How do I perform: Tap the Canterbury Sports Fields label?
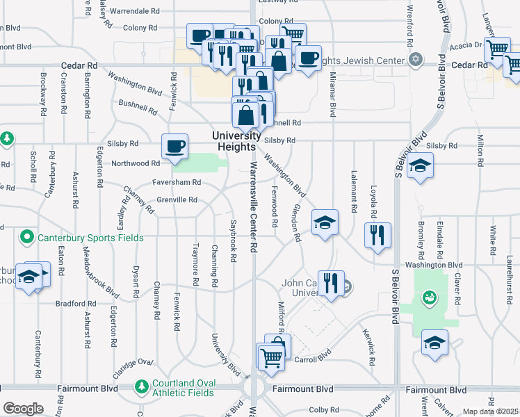pyautogui.click(x=90, y=238)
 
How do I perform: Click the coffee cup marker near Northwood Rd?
pyautogui.click(x=174, y=147)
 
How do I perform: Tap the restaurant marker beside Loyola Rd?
pyautogui.click(x=377, y=236)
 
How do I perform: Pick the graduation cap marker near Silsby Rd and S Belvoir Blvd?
pyautogui.click(x=421, y=166)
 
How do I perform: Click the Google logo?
pyautogui.click(x=23, y=409)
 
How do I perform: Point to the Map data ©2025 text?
pyautogui.click(x=490, y=411)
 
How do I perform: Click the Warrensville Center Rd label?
pyautogui.click(x=254, y=208)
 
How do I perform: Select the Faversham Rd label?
pyautogui.click(x=177, y=182)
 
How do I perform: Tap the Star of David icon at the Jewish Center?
pyautogui.click(x=416, y=60)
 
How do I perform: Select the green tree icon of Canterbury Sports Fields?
pyautogui.click(x=27, y=238)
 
